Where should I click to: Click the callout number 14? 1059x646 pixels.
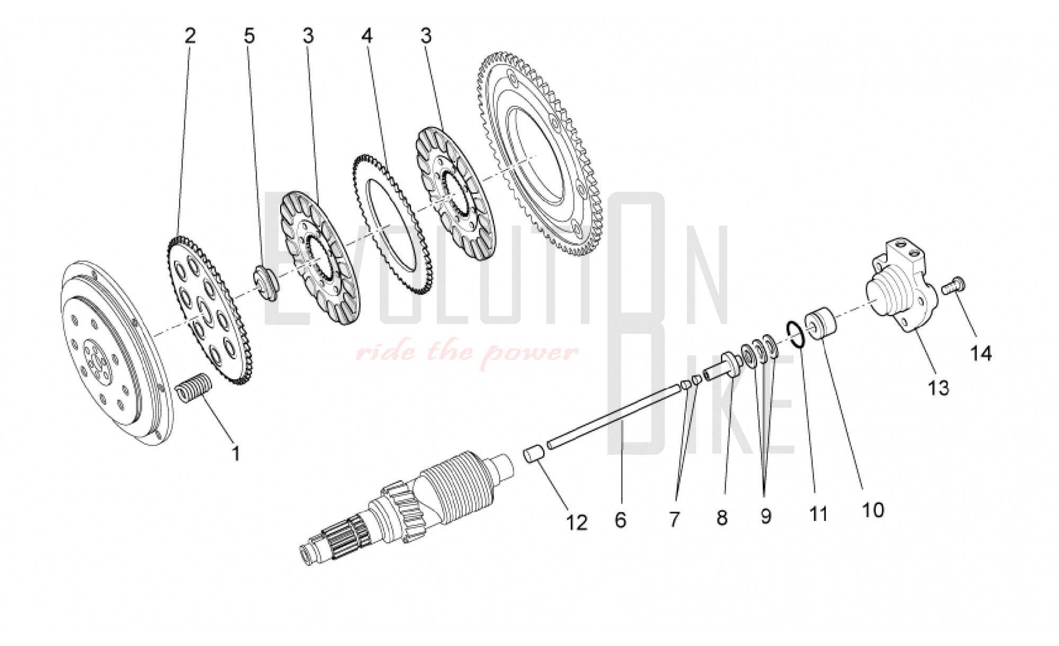pos(981,353)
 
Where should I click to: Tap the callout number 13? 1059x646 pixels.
pos(939,388)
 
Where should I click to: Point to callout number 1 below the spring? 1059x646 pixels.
pos(236,453)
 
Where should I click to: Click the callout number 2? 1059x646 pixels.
pos(190,36)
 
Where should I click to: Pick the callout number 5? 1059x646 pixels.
pos(249,36)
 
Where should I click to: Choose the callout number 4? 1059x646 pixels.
pos(367,36)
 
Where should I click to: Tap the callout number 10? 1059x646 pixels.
pos(873,510)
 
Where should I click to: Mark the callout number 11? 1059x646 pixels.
pos(819,513)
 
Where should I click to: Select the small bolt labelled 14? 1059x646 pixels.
pos(954,287)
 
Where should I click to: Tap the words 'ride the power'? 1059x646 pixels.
pos(466,352)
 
